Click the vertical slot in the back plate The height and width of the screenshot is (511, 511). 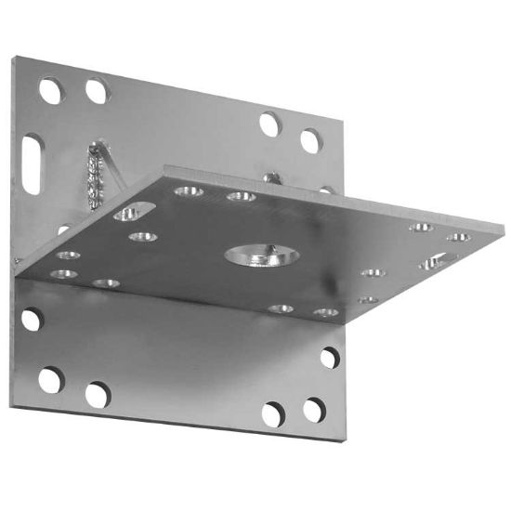33,164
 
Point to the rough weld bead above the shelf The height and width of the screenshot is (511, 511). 95,171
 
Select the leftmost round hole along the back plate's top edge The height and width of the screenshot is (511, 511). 51,90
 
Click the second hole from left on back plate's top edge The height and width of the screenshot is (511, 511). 96,90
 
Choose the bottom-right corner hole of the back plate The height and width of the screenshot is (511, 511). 314,410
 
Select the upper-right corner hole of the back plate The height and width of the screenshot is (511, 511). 310,141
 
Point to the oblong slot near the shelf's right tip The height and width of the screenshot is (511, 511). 432,263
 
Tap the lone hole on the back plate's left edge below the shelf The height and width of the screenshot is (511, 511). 31,320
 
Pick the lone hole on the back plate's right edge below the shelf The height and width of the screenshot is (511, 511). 330,357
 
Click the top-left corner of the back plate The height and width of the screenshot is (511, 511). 13,58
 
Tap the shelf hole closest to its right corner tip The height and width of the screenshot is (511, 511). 458,238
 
